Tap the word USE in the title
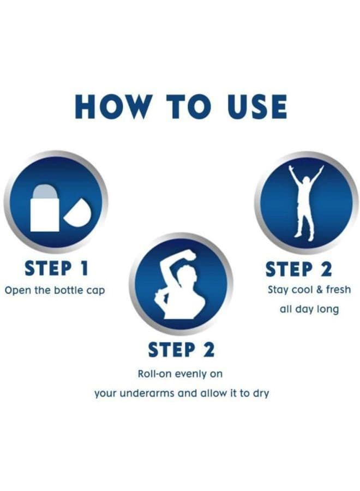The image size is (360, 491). coord(257,106)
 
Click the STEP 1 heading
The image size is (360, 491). coord(57,268)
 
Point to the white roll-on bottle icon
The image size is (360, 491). coord(45,208)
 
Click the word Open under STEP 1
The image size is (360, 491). coord(18,291)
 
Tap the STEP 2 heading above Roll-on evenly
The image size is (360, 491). coord(181,350)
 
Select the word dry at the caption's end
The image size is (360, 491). coord(261,393)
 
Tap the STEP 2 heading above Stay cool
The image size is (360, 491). coord(299,270)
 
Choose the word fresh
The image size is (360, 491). coord(338,289)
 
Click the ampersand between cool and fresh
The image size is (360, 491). coord(319,290)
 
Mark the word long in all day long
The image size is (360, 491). coord(328,309)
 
